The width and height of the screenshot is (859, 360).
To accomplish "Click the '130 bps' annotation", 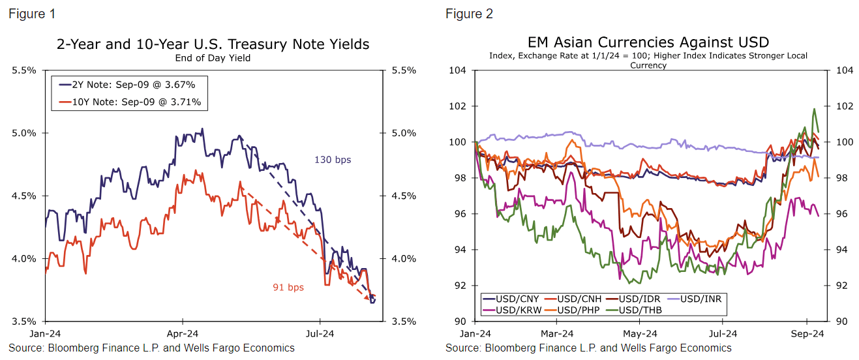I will pyautogui.click(x=333, y=160).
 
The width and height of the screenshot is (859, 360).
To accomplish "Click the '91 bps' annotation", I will pyautogui.click(x=288, y=287).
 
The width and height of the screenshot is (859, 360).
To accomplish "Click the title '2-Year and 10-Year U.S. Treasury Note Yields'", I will pyautogui.click(x=213, y=44).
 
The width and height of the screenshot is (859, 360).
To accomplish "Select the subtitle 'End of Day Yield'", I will pyautogui.click(x=213, y=58).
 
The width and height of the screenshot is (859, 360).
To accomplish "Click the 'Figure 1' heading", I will pyautogui.click(x=31, y=14).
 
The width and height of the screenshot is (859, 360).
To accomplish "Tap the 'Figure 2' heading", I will pyautogui.click(x=469, y=14).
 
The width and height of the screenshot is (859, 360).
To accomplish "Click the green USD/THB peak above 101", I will pyautogui.click(x=814, y=110).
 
